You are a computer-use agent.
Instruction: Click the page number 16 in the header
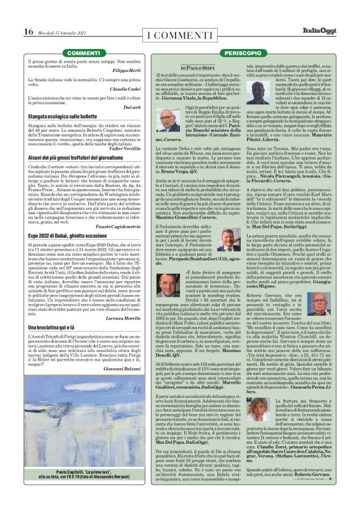coord(28,32)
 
